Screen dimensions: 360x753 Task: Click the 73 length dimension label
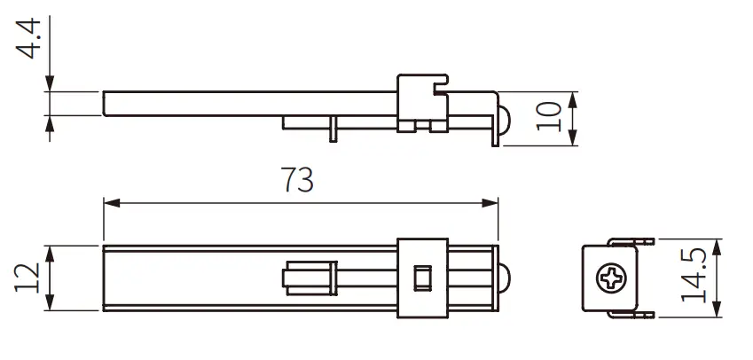tap(299, 180)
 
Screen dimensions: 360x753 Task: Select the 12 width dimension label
tap(28, 278)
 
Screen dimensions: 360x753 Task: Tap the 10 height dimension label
tap(549, 117)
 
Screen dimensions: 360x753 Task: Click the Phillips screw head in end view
tap(611, 278)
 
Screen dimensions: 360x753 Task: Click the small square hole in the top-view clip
tap(422, 278)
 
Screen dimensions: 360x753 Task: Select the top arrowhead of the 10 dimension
tap(573, 97)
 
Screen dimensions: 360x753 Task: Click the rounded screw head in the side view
tap(503, 119)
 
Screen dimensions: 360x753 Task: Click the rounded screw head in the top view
tap(503, 278)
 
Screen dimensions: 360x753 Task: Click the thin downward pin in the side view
tap(331, 128)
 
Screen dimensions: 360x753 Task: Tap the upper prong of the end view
tap(631, 240)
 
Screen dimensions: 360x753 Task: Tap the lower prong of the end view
tap(631, 315)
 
